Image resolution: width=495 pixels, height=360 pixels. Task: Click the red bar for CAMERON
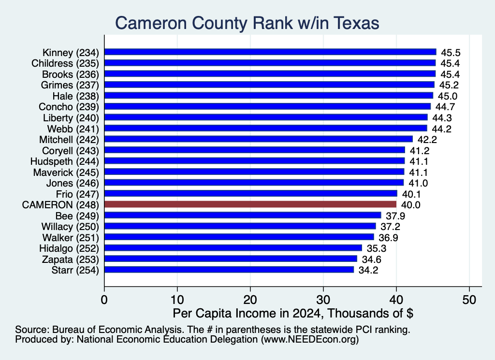[x=250, y=204]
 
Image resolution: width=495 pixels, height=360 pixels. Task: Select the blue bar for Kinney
[x=270, y=52]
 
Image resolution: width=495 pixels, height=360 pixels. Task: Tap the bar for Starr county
[x=229, y=270]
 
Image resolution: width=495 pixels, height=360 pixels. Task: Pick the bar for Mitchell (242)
[x=259, y=139]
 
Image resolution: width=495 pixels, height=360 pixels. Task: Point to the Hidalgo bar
[x=233, y=248]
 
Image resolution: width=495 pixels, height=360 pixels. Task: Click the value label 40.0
[x=411, y=205]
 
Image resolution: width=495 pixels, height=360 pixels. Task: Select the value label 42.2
[x=427, y=140]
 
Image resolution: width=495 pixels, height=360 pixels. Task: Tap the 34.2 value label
[x=368, y=271]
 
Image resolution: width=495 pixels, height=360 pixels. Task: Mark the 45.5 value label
[x=451, y=53]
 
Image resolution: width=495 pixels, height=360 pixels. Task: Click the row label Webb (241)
[x=73, y=129]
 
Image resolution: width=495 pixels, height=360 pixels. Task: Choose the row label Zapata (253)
[x=71, y=259]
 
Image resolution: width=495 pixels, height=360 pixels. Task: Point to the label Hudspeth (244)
[x=65, y=161]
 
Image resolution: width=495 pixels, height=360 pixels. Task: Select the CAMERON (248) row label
[x=60, y=205]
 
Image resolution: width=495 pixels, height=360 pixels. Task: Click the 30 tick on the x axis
[x=323, y=300]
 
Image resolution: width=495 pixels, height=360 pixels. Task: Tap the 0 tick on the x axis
[x=104, y=300]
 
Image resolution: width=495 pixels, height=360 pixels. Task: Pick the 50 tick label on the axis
[x=469, y=300]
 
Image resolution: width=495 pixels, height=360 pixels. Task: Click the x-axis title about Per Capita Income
[x=293, y=313]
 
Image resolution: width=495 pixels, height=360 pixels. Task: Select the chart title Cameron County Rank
[x=247, y=23]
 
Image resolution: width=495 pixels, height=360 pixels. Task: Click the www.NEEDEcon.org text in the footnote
[x=310, y=340]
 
